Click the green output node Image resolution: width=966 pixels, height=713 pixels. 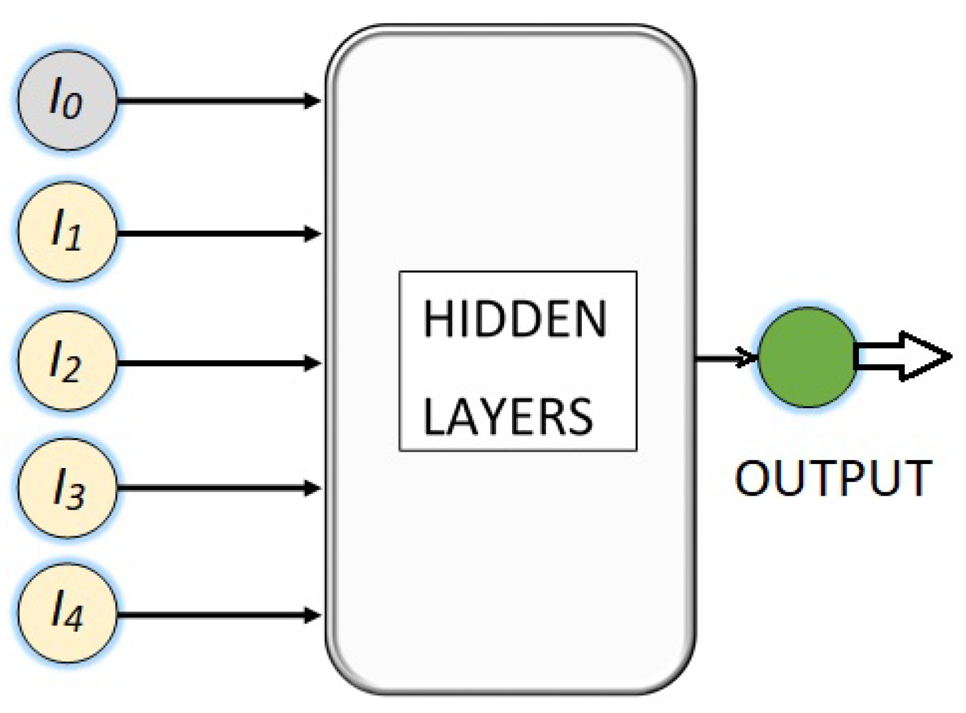807,357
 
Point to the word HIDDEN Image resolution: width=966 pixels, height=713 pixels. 515,319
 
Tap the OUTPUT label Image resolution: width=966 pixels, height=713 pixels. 832,478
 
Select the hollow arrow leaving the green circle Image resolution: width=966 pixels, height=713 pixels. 901,356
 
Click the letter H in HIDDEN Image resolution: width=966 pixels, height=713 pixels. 435,319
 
